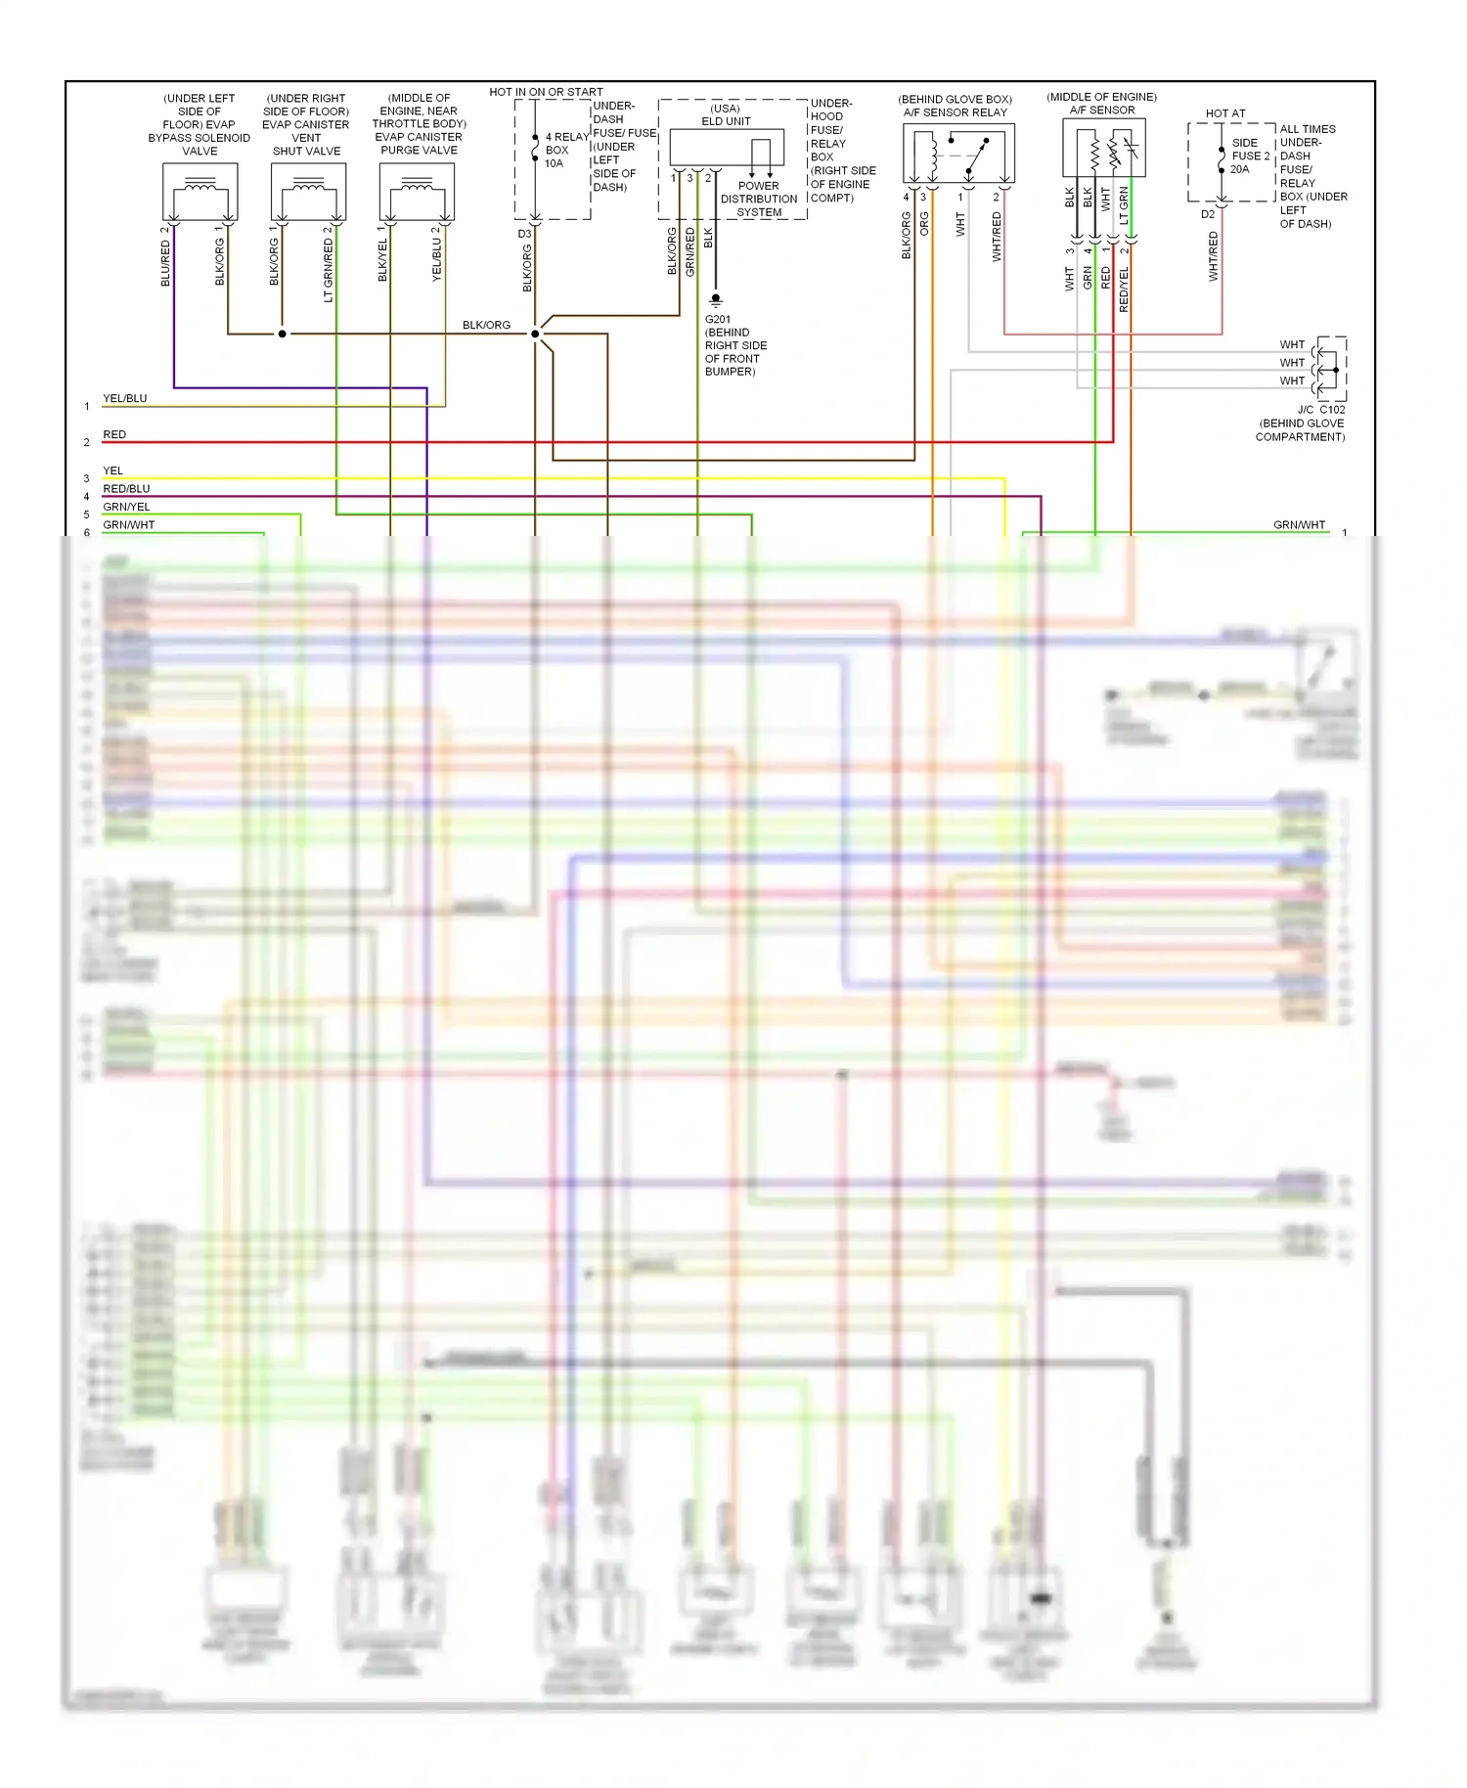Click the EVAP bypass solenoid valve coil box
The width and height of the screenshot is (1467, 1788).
200,193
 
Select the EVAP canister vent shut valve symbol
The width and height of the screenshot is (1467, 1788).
308,193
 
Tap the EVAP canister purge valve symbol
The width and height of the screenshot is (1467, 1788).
417,193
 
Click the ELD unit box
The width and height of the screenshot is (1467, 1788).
727,148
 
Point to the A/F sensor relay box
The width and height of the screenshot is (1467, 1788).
958,154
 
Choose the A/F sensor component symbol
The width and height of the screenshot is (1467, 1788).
1104,148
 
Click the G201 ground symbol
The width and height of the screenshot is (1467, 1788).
716,299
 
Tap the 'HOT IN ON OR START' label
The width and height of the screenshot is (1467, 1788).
546,92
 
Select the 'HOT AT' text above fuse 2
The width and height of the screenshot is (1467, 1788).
1225,113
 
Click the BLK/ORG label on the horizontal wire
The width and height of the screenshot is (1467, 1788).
486,325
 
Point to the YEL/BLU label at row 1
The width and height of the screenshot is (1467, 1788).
125,398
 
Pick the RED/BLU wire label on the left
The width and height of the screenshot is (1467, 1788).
126,488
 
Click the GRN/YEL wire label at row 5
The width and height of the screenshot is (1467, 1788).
126,507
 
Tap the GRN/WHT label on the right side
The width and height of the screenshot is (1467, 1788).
1299,525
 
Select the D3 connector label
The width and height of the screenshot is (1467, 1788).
524,234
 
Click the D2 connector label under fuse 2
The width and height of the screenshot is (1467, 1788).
1208,214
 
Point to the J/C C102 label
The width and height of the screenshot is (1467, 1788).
1321,410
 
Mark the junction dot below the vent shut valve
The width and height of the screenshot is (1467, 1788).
283,334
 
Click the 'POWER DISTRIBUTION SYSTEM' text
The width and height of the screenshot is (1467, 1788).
759,199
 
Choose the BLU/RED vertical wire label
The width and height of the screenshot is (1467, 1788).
165,263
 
